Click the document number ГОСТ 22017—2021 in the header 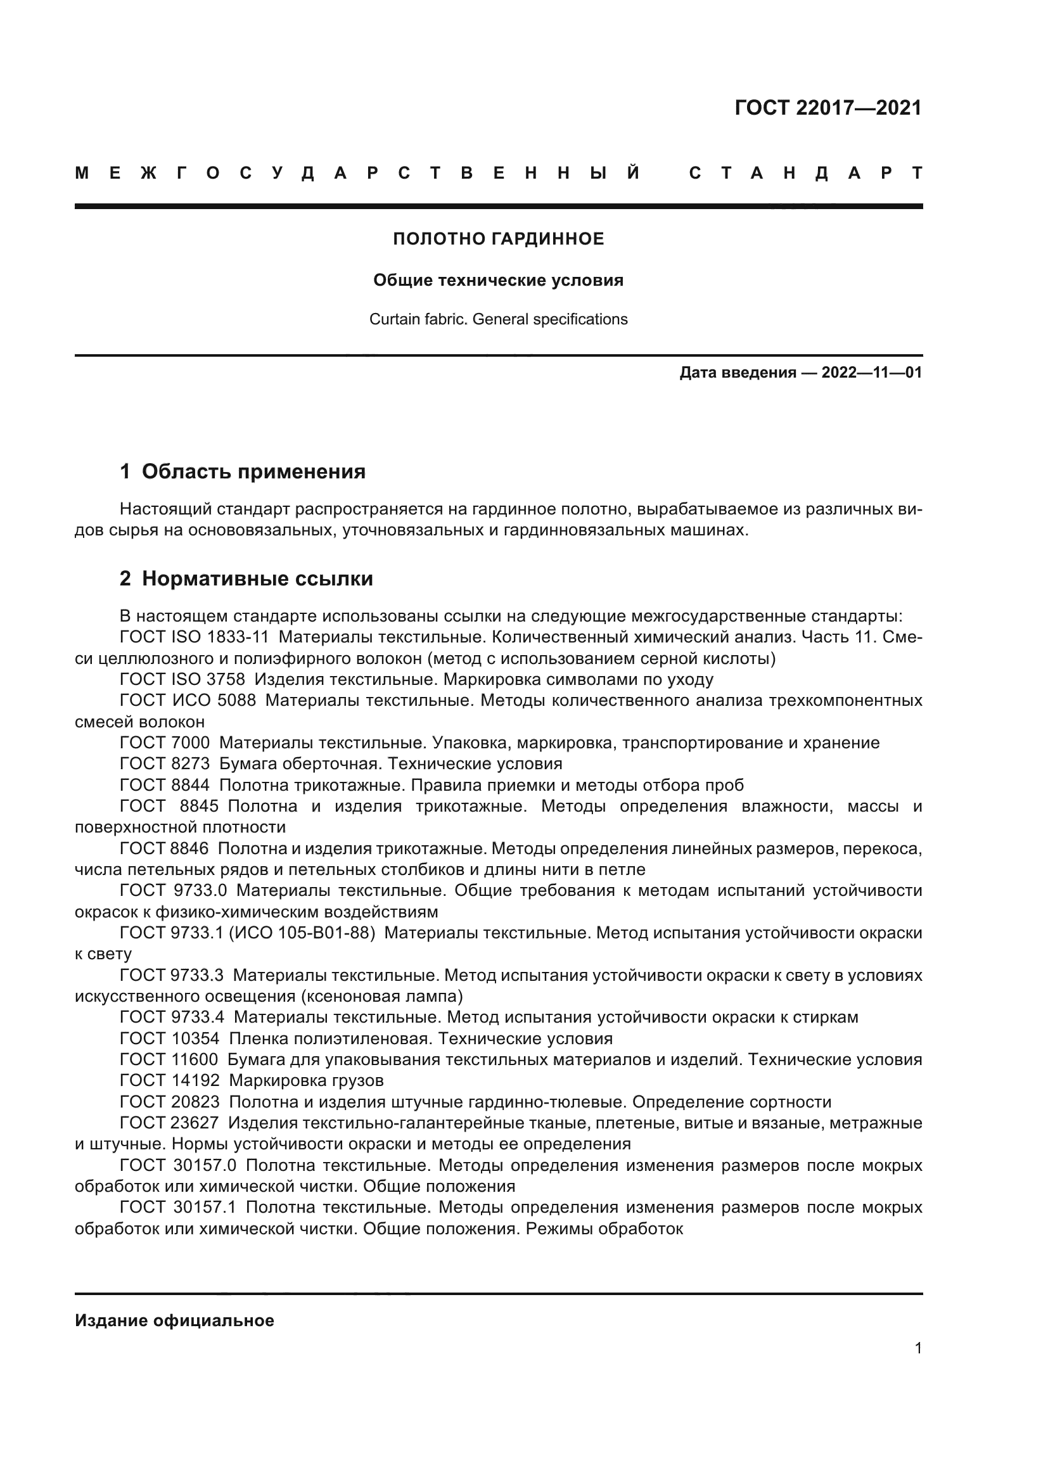click(x=828, y=108)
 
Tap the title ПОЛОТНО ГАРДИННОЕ click(x=498, y=239)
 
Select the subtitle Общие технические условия click(x=498, y=280)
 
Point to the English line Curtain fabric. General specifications click(x=498, y=319)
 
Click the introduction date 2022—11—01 click(x=871, y=373)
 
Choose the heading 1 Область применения click(x=243, y=472)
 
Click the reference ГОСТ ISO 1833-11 click(x=195, y=637)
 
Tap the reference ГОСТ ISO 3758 click(x=182, y=679)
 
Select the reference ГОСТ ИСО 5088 click(x=188, y=700)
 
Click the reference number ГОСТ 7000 click(x=165, y=743)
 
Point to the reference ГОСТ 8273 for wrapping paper click(x=165, y=763)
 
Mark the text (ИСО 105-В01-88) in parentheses click(x=302, y=933)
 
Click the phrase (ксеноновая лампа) click(x=381, y=996)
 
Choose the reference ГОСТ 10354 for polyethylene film click(x=170, y=1038)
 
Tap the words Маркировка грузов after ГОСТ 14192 click(x=306, y=1080)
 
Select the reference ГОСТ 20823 click(x=170, y=1102)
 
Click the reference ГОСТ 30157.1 click(x=179, y=1207)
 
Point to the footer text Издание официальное click(x=174, y=1320)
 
